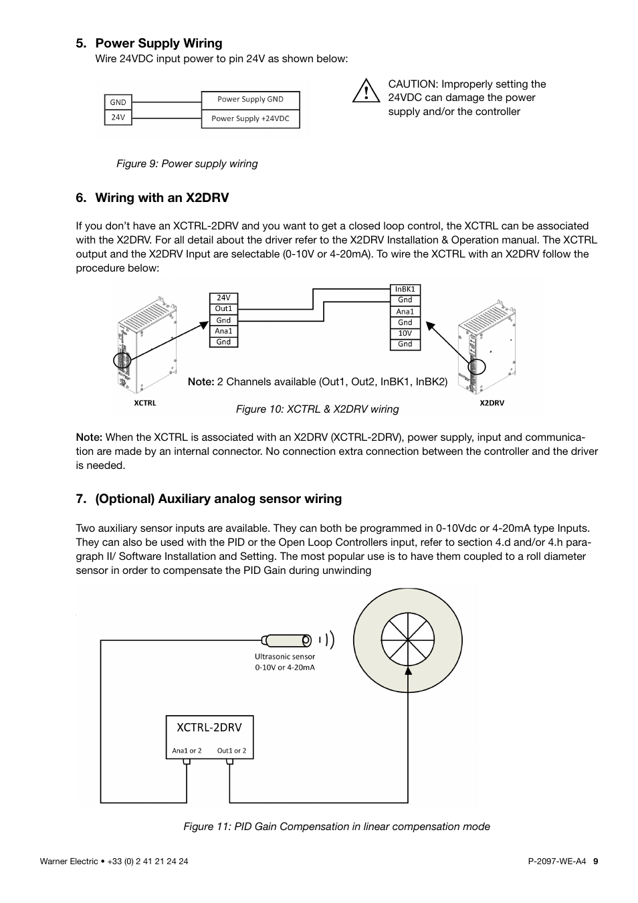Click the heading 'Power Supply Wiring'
[x=158, y=43]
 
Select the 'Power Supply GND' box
[x=250, y=100]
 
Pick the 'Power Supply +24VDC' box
[x=250, y=118]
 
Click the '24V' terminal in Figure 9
[x=118, y=117]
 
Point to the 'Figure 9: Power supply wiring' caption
[x=187, y=164]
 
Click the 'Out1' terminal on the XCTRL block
[x=223, y=309]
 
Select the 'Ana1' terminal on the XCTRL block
[x=223, y=331]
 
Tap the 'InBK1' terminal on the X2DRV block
[x=405, y=290]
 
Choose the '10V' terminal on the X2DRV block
[x=405, y=333]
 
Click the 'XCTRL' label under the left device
[x=144, y=403]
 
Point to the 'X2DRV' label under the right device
[x=492, y=403]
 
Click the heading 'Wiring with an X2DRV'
[x=162, y=198]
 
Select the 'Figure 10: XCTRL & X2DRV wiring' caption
[x=317, y=409]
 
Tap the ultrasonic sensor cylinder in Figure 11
[x=288, y=640]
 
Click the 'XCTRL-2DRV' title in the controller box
[x=209, y=727]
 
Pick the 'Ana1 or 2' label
[x=187, y=750]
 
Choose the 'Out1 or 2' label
[x=231, y=750]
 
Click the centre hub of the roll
[x=407, y=640]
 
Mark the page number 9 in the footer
[x=595, y=862]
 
